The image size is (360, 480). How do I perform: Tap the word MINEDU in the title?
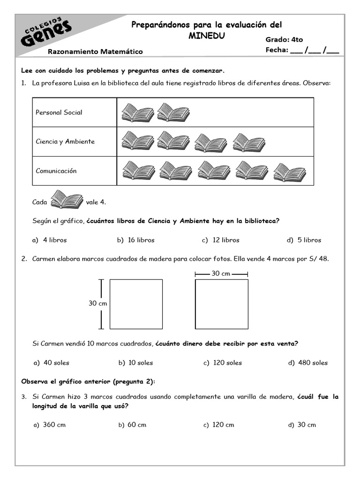tap(206, 35)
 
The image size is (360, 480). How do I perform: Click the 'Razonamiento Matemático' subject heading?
tap(95, 52)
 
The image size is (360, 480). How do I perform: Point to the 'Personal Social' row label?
tap(59, 112)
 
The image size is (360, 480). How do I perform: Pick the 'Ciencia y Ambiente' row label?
tap(65, 142)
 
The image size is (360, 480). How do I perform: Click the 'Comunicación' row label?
tap(56, 171)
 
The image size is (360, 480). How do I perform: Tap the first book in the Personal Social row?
tap(137, 112)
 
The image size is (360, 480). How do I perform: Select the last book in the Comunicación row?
tap(289, 172)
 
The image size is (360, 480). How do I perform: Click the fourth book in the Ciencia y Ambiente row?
tap(249, 142)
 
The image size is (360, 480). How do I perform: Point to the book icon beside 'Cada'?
tap(67, 200)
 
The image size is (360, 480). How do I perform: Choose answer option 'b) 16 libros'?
tap(135, 240)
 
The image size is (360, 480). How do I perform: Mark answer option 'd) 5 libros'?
tap(304, 240)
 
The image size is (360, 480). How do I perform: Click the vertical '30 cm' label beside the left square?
tap(98, 303)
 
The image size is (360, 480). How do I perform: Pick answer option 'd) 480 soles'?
tap(308, 363)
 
